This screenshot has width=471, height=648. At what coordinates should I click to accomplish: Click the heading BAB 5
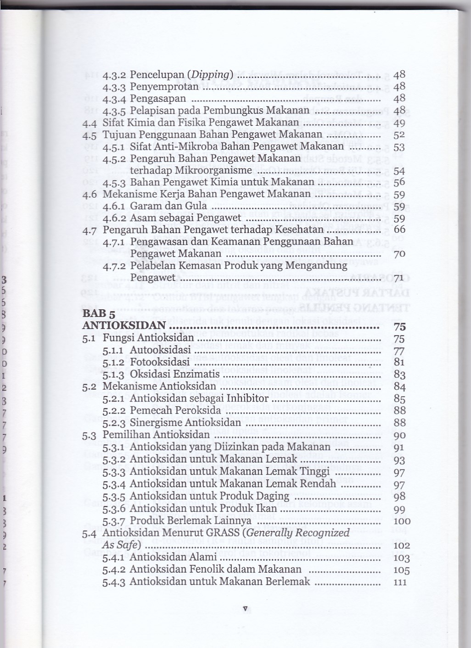98,314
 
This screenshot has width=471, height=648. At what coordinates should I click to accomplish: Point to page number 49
399,123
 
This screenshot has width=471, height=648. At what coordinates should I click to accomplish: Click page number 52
399,135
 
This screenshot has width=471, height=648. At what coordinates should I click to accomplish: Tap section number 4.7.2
115,266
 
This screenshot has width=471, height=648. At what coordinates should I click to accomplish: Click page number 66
399,229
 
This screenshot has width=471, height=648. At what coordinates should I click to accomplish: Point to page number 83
399,374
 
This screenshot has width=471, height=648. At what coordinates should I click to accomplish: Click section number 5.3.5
115,496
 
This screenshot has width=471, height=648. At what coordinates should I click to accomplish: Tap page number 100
402,521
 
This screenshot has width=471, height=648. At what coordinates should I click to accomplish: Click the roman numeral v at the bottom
245,609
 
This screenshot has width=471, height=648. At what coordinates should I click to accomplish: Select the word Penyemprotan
164,87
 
